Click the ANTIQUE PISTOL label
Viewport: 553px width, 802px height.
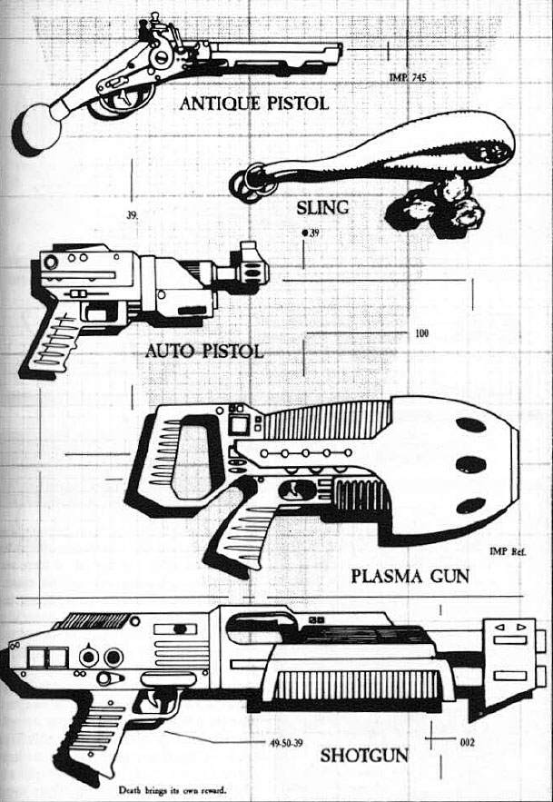point(253,104)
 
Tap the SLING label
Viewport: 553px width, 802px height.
point(323,208)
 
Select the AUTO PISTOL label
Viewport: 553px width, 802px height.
point(204,351)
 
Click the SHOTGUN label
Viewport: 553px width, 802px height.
point(363,755)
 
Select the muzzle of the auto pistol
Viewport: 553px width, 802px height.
point(253,266)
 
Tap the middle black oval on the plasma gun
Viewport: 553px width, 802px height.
point(470,465)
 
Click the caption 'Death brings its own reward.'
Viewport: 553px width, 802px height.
point(173,790)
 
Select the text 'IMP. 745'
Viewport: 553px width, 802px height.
point(407,79)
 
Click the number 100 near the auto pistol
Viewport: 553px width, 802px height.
point(421,333)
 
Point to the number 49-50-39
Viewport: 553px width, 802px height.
point(287,742)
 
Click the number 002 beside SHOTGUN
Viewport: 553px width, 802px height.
point(468,742)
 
